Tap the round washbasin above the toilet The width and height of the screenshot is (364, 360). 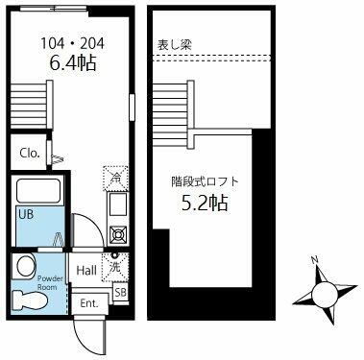(25, 264)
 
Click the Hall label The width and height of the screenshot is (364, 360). (86, 270)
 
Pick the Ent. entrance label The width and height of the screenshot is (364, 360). (89, 304)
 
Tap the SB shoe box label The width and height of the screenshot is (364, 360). (120, 292)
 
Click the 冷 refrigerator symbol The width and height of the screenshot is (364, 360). (114, 178)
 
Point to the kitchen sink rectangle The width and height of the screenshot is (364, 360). (116, 204)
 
